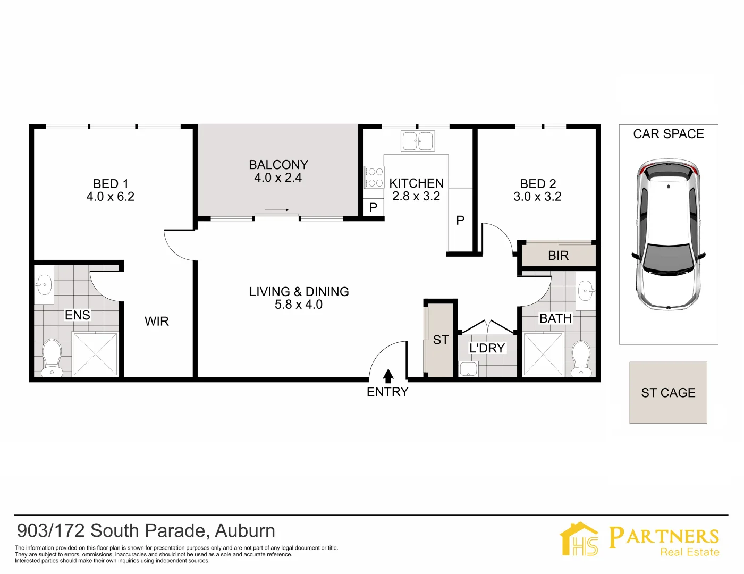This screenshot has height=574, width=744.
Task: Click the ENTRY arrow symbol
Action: [x=388, y=376]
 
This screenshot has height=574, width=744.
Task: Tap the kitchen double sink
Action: [x=418, y=141]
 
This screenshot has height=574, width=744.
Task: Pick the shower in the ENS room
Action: [x=95, y=354]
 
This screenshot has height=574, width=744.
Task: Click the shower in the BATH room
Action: [x=543, y=354]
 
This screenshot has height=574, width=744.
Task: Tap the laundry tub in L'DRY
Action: [x=468, y=369]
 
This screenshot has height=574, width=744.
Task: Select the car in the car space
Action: [x=669, y=234]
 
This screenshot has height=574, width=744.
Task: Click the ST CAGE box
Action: [x=668, y=393]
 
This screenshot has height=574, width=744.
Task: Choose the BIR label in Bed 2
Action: [x=558, y=256]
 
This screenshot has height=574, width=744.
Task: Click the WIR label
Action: [x=157, y=321]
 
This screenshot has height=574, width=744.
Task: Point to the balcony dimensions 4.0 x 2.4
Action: [x=278, y=178]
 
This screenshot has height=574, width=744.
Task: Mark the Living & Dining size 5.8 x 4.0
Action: [x=299, y=305]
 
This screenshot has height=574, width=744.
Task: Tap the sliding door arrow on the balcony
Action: [x=276, y=210]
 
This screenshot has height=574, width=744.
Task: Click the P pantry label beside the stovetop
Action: [x=373, y=207]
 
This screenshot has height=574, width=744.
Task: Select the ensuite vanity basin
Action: [x=44, y=286]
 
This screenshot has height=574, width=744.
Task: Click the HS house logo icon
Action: [x=579, y=539]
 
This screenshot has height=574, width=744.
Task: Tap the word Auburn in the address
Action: [x=245, y=531]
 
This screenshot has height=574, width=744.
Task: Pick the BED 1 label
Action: [x=111, y=184]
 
